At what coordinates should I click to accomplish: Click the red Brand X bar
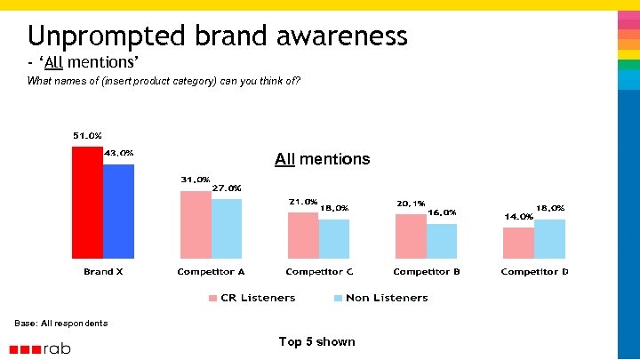tap(87, 202)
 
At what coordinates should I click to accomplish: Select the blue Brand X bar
tap(118, 211)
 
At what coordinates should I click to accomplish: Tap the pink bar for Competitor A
tap(196, 224)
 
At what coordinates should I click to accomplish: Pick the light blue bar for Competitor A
tap(226, 228)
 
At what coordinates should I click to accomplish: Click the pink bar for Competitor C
tap(303, 235)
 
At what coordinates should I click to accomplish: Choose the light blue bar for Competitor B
tap(441, 240)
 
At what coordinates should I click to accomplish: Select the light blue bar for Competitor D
tap(549, 238)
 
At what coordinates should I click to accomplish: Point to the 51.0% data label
tap(87, 135)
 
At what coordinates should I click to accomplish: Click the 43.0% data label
tap(119, 152)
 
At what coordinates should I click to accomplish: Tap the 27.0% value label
tap(226, 188)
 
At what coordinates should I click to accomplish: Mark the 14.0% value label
tap(518, 216)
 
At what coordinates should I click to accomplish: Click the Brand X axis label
tap(103, 271)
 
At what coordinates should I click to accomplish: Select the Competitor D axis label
tap(534, 271)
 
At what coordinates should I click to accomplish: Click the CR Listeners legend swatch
tap(212, 299)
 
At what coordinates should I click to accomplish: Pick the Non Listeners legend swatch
tap(337, 299)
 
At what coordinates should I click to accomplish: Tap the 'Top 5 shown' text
tap(316, 341)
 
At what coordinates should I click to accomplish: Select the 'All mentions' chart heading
tap(322, 159)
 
